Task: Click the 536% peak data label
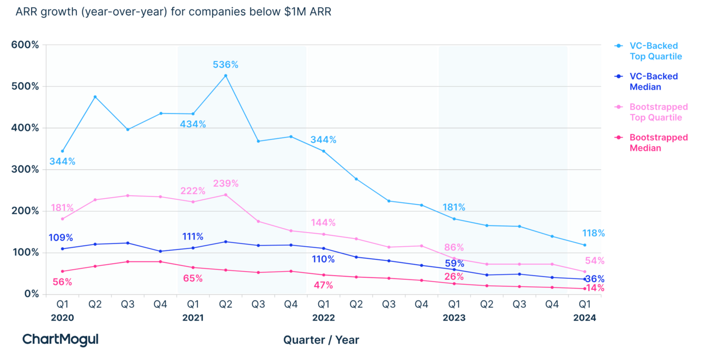point(225,65)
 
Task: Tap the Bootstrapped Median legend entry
point(659,143)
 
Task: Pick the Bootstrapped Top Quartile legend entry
point(659,112)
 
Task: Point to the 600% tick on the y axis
point(25,45)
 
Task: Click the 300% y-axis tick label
point(25,169)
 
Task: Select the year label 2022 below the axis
point(324,318)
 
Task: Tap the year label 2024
point(585,318)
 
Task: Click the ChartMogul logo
point(60,339)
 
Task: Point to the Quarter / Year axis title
point(321,340)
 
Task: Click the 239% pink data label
point(226,184)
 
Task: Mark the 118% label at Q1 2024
point(593,234)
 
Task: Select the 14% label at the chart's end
point(595,288)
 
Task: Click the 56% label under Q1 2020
point(62,282)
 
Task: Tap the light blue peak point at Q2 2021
point(226,76)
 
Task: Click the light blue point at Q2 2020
point(95,97)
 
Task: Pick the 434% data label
point(193,125)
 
